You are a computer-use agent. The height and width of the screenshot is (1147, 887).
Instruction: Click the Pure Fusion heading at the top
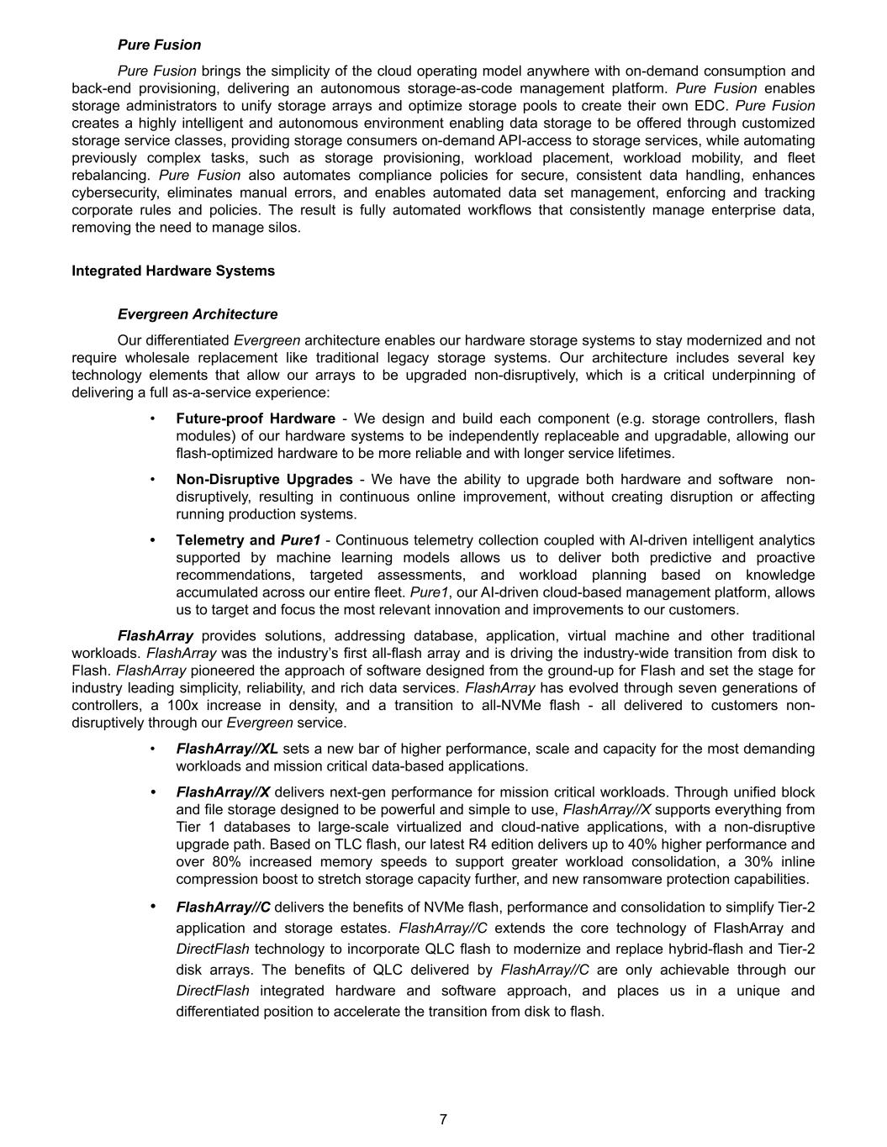pos(159,45)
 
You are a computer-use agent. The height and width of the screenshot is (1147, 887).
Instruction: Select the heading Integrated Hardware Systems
pos(173,271)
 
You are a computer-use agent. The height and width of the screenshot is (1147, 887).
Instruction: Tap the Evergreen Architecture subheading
pos(198,314)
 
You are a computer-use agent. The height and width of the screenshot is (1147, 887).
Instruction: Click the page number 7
pos(443,1119)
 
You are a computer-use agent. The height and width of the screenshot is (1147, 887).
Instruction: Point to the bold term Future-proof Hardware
pos(256,418)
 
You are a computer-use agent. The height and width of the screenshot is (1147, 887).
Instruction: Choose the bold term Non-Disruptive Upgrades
pos(264,479)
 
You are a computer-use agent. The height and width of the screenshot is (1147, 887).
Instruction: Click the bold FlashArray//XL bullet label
pos(227,749)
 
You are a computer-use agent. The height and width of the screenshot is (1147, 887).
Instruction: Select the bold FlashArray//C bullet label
pos(223,907)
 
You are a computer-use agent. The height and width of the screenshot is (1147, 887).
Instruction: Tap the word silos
pos(282,228)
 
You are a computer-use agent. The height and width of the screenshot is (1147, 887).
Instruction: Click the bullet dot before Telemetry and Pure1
pos(152,540)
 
